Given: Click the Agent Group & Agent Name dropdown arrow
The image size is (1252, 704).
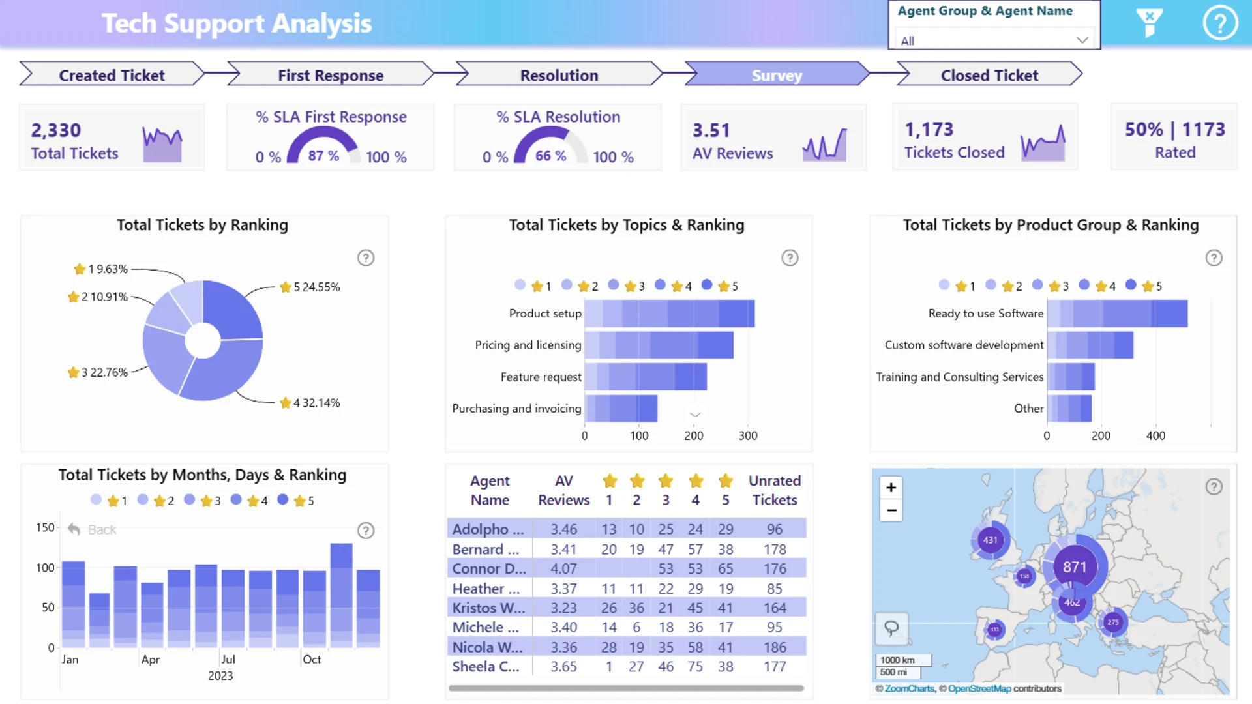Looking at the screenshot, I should point(1082,40).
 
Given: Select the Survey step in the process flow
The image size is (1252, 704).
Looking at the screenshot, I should point(776,75).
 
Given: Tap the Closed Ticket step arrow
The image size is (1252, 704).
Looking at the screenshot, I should point(989,75).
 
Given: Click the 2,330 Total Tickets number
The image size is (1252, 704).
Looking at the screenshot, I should point(56,130).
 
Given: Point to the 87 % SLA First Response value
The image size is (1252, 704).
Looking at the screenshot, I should point(323,156).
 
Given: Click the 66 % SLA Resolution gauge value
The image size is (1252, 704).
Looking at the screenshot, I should point(550,156).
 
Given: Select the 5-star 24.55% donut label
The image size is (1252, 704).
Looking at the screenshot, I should point(310,287).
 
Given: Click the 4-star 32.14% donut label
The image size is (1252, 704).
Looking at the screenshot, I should point(310,403).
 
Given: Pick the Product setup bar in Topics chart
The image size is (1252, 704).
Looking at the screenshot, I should point(669,314).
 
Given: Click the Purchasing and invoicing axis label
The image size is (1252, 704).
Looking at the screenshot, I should point(516,409).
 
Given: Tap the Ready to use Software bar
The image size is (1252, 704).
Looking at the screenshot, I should point(1116,314).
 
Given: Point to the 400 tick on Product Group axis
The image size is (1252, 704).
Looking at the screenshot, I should point(1155,435).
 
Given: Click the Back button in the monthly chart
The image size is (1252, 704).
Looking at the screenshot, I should point(92,530).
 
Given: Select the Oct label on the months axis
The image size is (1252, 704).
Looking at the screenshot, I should point(312,660).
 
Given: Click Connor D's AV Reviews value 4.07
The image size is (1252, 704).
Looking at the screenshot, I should point(563,569).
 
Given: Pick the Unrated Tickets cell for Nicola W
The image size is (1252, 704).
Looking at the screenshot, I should point(775,647).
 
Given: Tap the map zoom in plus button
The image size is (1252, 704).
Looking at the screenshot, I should point(891,488).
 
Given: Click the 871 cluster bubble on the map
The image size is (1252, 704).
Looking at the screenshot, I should point(1075,567).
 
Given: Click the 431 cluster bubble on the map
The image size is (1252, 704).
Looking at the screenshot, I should point(990,540).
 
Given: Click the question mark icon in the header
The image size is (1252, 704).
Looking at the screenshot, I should point(1219,23).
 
